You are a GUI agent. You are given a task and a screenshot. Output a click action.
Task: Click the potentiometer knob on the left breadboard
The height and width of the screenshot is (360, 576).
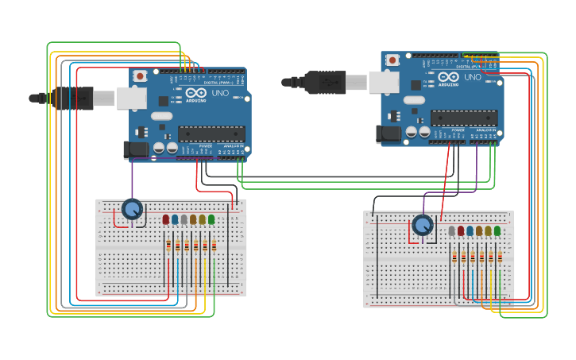click(132, 209)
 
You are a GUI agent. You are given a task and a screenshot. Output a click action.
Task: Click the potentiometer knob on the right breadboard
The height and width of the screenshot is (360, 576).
click(423, 225)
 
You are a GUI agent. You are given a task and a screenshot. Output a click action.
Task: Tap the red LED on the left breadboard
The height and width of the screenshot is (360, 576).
click(166, 219)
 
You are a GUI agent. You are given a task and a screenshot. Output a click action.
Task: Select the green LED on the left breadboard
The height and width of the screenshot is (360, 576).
click(211, 219)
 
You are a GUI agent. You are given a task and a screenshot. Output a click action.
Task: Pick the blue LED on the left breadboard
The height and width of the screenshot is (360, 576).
click(175, 219)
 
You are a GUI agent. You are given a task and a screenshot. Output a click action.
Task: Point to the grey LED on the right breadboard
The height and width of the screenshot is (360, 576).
click(452, 231)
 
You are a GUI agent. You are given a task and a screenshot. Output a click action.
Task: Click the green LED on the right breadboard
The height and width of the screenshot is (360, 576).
click(497, 231)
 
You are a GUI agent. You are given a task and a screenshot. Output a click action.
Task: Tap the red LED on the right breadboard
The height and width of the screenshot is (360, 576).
click(461, 231)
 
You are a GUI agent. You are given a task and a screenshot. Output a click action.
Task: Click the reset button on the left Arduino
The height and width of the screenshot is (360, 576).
click(140, 75)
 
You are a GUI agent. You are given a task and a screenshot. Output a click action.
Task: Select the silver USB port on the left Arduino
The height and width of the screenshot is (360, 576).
click(131, 98)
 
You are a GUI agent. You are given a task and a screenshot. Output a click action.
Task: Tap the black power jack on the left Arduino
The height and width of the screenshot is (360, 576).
click(136, 149)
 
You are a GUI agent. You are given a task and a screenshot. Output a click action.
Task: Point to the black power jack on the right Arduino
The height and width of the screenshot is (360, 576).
click(389, 134)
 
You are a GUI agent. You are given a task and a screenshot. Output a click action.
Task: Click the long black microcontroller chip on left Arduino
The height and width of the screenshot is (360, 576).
click(211, 133)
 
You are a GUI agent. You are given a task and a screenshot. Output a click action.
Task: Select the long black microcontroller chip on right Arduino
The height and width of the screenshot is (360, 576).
click(464, 118)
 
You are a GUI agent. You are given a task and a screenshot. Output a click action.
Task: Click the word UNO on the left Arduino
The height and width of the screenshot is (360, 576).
click(219, 93)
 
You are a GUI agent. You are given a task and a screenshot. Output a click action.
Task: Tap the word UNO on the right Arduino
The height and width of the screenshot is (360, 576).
click(472, 77)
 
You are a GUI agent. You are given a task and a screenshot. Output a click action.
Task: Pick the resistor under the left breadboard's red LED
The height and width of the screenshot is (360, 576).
click(168, 246)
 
